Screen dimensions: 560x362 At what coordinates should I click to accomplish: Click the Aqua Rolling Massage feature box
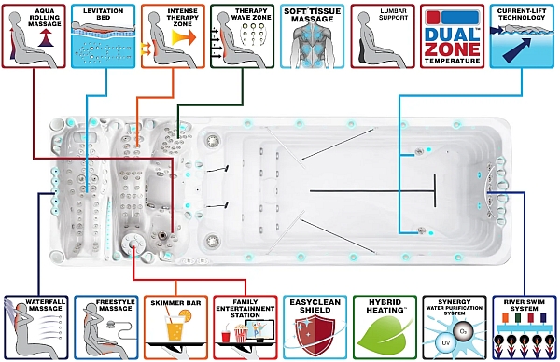click(34, 36)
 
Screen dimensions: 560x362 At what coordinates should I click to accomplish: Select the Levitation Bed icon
click(104, 36)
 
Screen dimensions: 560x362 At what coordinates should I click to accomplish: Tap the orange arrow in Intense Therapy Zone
click(184, 37)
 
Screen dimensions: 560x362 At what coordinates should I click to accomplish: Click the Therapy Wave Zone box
click(242, 36)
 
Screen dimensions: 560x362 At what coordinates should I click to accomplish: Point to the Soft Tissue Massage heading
click(312, 15)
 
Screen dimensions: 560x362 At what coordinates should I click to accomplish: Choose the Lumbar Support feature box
click(383, 36)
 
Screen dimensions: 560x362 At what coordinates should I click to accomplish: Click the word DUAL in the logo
click(452, 35)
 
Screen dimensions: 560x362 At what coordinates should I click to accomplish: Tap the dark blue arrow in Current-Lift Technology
click(516, 49)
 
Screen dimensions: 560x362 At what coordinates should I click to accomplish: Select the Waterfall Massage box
click(36, 327)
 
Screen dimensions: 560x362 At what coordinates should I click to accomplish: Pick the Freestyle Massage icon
click(106, 327)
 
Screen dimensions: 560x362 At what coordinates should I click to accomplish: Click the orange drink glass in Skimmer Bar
click(175, 327)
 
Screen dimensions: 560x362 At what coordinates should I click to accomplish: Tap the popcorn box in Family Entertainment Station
click(241, 332)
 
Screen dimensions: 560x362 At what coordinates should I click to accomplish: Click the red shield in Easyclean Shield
click(314, 334)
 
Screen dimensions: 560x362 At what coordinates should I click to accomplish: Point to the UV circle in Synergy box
click(445, 343)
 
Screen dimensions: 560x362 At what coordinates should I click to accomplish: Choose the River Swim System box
click(525, 327)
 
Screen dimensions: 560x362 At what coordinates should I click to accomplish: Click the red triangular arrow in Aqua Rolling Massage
click(46, 38)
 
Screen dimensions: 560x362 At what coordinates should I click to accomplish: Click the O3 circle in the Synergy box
click(463, 332)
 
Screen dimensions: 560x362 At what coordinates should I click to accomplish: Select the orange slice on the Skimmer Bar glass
click(186, 315)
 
